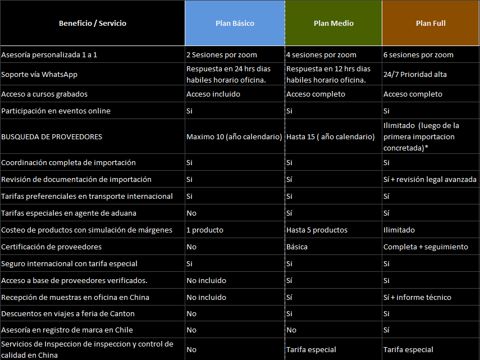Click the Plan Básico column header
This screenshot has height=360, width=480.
point(235,24)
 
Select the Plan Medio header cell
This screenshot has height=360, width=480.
point(333,24)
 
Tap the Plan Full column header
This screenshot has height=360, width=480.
point(431,24)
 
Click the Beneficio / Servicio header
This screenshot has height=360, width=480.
point(93,24)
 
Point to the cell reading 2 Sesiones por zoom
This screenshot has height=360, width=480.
point(222,55)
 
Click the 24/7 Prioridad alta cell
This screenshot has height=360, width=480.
point(415,74)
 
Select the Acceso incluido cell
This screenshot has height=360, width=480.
point(213,94)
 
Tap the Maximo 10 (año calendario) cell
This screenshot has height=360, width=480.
point(234,137)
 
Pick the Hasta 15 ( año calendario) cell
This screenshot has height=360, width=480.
point(331,137)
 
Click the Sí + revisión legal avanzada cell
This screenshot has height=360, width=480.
point(430,180)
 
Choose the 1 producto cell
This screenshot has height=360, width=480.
point(205,230)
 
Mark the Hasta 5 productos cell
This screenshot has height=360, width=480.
point(317,230)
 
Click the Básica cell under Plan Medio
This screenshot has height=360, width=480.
point(297,247)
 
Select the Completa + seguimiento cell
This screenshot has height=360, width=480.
point(426,247)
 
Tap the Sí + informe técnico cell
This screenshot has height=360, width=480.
point(417,298)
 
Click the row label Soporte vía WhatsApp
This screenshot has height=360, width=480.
point(39,74)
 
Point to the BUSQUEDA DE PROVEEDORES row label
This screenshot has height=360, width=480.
point(52,137)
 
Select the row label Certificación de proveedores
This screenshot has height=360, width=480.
point(52,247)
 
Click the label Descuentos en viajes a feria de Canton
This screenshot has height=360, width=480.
point(68,314)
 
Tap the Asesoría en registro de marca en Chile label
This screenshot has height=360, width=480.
point(67,330)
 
